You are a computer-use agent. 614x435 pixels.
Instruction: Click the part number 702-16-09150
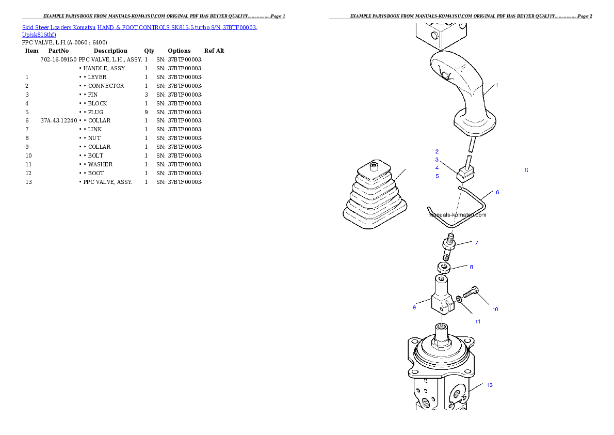(x=59, y=59)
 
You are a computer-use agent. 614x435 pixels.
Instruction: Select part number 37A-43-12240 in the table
(x=59, y=120)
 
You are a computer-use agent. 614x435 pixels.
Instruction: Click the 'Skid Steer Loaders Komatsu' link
(x=59, y=27)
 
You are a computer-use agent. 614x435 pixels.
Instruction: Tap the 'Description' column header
(x=110, y=51)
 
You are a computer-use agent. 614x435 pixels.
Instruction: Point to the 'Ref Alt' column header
(x=214, y=51)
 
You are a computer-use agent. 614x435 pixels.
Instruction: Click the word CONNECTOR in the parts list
(x=106, y=86)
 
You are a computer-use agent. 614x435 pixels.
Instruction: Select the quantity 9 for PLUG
(x=147, y=112)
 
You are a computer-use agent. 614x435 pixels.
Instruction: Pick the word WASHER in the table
(x=100, y=164)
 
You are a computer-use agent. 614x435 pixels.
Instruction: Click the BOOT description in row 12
(x=96, y=173)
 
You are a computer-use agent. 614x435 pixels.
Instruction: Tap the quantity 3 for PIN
(x=147, y=95)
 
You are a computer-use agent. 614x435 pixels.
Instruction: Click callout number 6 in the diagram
(x=498, y=192)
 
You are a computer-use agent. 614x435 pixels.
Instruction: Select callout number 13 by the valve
(x=490, y=385)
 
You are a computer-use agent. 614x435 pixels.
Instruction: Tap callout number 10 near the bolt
(x=495, y=309)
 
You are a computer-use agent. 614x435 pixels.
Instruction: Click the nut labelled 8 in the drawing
(x=443, y=268)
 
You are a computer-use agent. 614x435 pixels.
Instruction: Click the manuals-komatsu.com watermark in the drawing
(x=457, y=215)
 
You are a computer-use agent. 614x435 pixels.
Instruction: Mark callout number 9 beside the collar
(x=414, y=307)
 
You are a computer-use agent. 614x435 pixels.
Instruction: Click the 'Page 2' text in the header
(x=585, y=16)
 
